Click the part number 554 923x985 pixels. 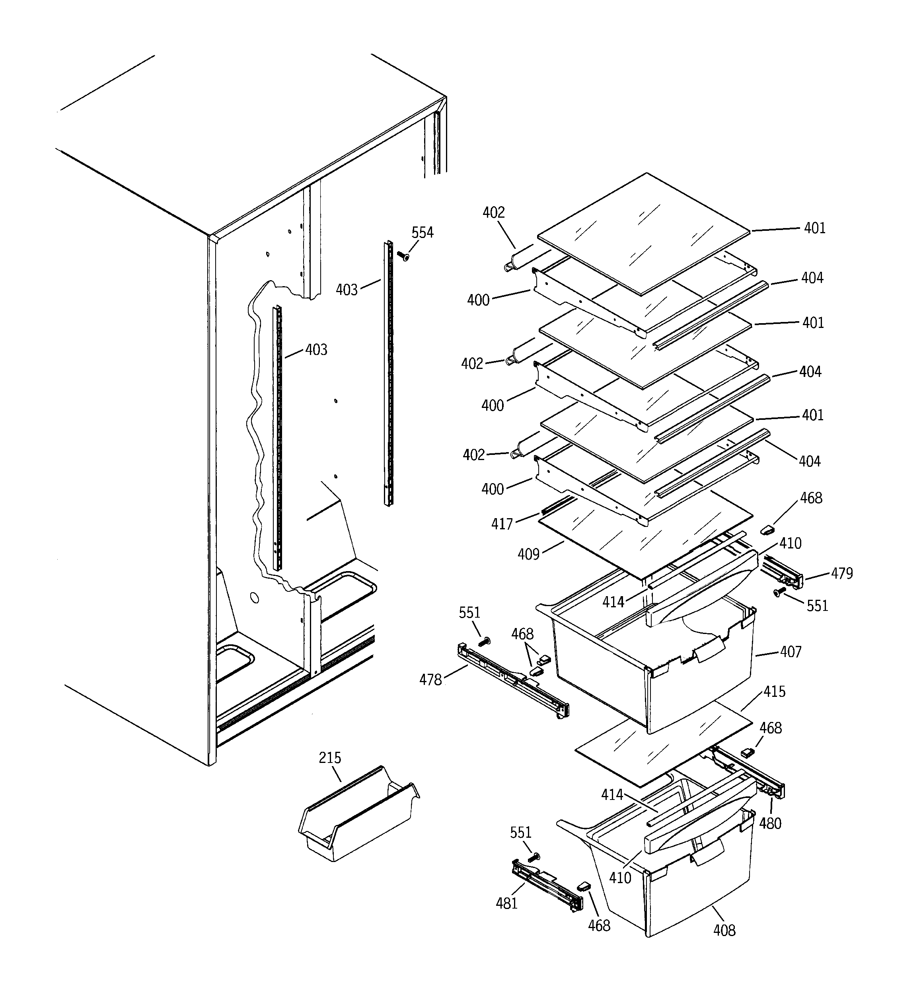(422, 232)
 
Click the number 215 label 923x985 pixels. (330, 758)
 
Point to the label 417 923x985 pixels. (501, 524)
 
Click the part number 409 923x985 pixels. (528, 554)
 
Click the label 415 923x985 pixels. (774, 691)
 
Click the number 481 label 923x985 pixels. (506, 903)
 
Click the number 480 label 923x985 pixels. (770, 823)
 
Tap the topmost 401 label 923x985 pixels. (814, 228)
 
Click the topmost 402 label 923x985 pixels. (493, 213)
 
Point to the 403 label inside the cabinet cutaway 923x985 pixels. (316, 350)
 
